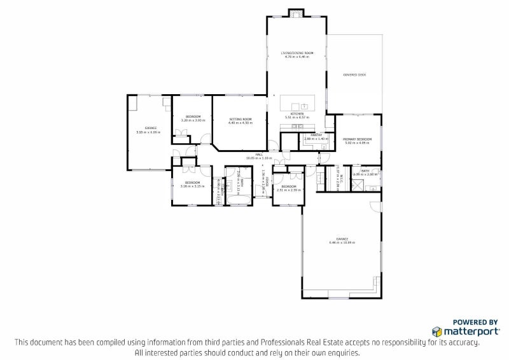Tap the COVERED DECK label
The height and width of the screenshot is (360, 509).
(x=354, y=74)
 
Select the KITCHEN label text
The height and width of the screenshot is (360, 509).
(x=296, y=114)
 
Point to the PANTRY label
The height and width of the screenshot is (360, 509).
(x=315, y=134)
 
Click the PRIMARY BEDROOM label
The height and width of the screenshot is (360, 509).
(x=357, y=139)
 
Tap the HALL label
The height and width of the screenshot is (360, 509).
(x=259, y=155)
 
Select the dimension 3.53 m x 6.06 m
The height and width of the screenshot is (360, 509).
(x=148, y=132)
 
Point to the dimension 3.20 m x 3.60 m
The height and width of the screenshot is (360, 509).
(x=193, y=120)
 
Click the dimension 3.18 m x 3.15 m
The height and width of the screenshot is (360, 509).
(x=191, y=186)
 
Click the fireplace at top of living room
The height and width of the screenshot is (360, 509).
(x=296, y=13)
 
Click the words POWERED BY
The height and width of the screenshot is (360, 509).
(x=475, y=322)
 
